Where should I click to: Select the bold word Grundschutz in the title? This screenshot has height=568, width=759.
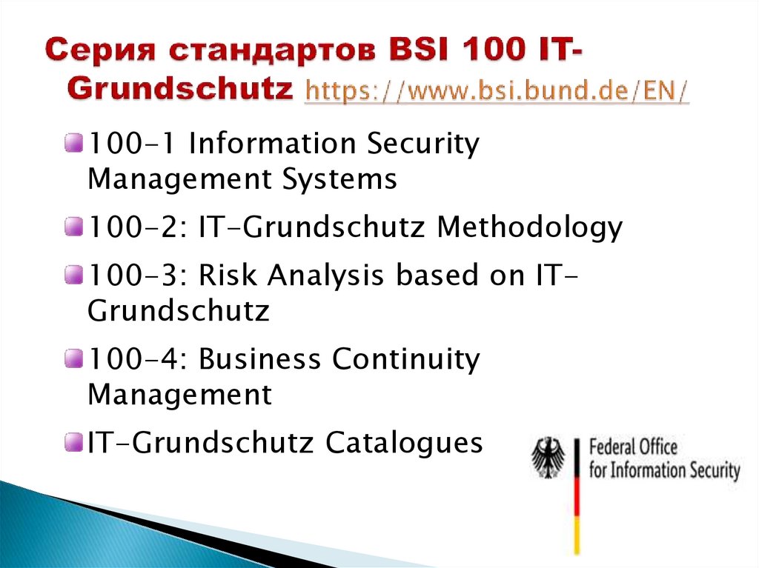(x=181, y=90)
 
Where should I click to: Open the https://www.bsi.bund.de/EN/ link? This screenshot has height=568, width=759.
(x=497, y=92)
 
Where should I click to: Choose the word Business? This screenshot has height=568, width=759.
(x=262, y=359)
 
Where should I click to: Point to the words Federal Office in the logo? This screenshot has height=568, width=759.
(x=633, y=447)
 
